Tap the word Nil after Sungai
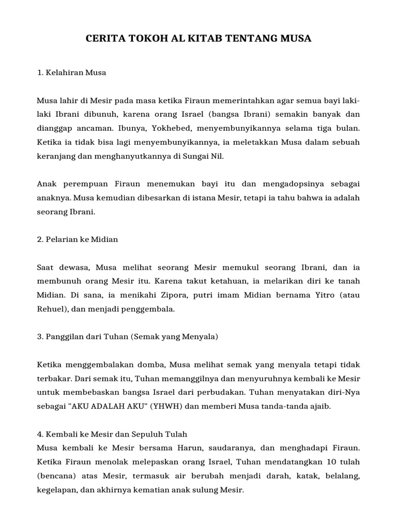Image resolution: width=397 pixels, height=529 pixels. pos(218,155)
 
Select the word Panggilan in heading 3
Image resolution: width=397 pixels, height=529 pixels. pos(66,337)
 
